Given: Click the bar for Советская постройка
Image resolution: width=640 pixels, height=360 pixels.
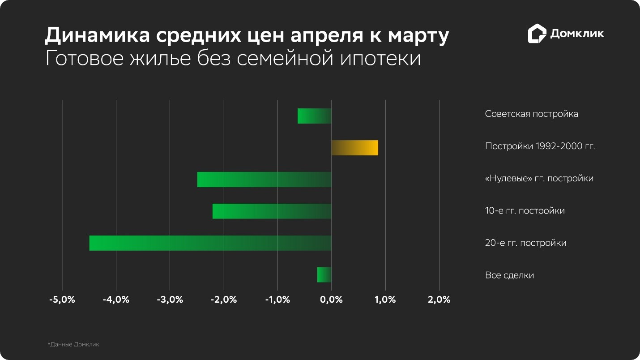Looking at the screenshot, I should (314, 116).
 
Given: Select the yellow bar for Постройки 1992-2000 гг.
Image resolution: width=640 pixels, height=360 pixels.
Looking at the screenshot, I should (354, 148).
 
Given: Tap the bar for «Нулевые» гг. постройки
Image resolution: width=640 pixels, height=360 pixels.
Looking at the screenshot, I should (264, 180).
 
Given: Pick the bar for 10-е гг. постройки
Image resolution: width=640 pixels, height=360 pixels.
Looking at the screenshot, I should (272, 211).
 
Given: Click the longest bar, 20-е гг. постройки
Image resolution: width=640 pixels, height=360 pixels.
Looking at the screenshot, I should (210, 243).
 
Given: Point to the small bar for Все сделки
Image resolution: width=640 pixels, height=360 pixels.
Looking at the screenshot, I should (324, 275).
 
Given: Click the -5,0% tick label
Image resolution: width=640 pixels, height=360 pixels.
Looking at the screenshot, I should (62, 300).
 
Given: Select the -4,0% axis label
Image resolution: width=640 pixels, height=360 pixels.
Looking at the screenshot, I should (116, 300).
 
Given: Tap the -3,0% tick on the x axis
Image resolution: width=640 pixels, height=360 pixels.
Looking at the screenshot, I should (170, 300).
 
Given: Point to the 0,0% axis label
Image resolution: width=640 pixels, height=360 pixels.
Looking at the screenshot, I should (331, 300).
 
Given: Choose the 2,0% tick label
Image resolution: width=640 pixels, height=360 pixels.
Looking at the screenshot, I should (439, 300).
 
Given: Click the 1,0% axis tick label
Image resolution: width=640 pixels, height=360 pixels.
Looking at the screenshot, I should (385, 300).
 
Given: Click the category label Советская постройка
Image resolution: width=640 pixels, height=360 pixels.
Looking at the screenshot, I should (531, 114).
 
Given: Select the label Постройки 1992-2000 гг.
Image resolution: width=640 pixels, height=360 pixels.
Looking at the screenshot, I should (540, 146).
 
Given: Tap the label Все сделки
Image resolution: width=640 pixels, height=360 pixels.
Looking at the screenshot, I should (509, 275).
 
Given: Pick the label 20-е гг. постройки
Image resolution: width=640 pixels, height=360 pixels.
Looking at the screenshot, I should (525, 243).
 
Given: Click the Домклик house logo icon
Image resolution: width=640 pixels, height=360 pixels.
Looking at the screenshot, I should (537, 34).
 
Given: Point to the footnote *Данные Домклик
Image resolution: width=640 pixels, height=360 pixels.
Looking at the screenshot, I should (73, 344).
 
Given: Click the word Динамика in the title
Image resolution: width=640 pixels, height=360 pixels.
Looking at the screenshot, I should (96, 36).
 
